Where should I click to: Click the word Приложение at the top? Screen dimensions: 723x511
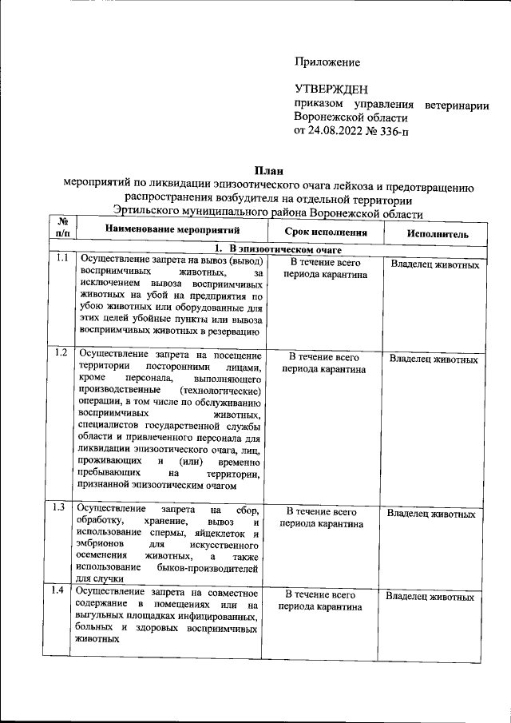[x=327, y=62]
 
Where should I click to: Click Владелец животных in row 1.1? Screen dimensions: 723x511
[x=435, y=264]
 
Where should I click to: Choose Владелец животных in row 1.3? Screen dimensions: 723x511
[x=432, y=514]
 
